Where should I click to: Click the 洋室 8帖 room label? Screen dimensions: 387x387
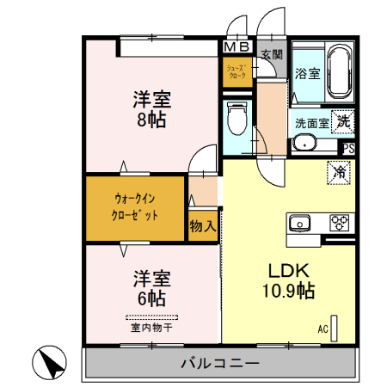coord(151,108)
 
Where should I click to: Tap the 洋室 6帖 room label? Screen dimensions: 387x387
coord(151,288)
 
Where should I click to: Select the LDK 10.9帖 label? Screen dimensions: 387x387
coord(288,279)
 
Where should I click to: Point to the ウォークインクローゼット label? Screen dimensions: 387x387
coord(135,206)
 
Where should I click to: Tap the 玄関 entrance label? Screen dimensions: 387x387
coord(272,54)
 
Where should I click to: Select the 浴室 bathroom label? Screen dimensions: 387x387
coord(308,73)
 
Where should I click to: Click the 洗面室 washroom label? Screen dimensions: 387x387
coord(312,122)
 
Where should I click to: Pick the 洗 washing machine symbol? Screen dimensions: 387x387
coord(344,121)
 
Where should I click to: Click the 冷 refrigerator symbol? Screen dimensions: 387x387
coord(340,172)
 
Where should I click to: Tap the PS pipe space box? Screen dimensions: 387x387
coord(347,148)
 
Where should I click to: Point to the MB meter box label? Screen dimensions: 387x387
coord(238,47)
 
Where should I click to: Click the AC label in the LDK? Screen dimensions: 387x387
coord(324,328)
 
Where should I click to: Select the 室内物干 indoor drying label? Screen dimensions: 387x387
coord(151,326)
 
